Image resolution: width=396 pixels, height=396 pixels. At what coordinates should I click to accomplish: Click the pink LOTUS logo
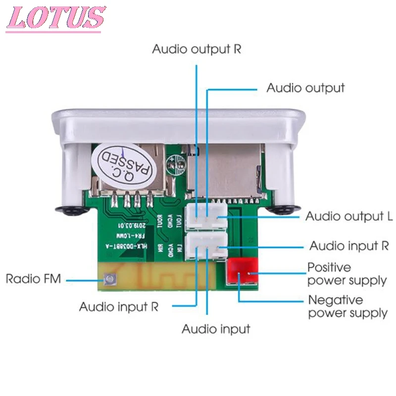pos(55,19)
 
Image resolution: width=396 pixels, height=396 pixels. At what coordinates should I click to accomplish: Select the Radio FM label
pos(33,279)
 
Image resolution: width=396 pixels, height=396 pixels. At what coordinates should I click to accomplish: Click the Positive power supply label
pos(347,274)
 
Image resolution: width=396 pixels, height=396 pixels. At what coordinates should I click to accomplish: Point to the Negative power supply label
pos(347,306)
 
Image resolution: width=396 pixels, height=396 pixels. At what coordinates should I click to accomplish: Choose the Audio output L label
pos(349,216)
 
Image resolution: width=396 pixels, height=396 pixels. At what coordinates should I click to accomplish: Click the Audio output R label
pos(197,49)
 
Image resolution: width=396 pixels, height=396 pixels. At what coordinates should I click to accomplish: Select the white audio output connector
pos(205,217)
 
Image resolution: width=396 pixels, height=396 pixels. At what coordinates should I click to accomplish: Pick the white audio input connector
pos(205,246)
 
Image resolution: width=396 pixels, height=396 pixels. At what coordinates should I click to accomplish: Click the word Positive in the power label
pos(329,267)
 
